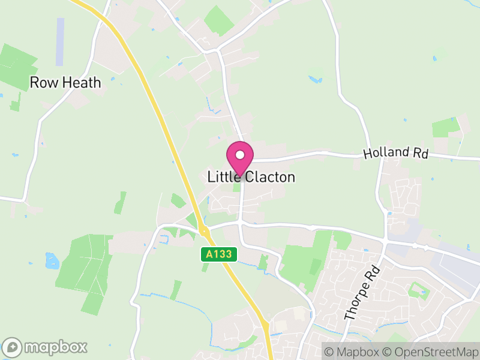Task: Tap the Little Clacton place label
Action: pyautogui.click(x=251, y=177)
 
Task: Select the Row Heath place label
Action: pyautogui.click(x=65, y=83)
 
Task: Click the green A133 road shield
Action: pyautogui.click(x=218, y=254)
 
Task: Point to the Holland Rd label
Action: pyautogui.click(x=395, y=153)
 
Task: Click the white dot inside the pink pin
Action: pyautogui.click(x=239, y=155)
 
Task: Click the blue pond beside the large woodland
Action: pyautogui.click(x=50, y=260)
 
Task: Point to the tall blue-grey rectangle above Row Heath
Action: pyautogui.click(x=60, y=41)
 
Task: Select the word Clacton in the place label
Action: pyautogui.click(x=268, y=177)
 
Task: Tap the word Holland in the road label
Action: pyautogui.click(x=383, y=153)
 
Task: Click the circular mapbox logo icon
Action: pyautogui.click(x=13, y=347)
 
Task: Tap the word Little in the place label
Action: pyautogui.click(x=222, y=177)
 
